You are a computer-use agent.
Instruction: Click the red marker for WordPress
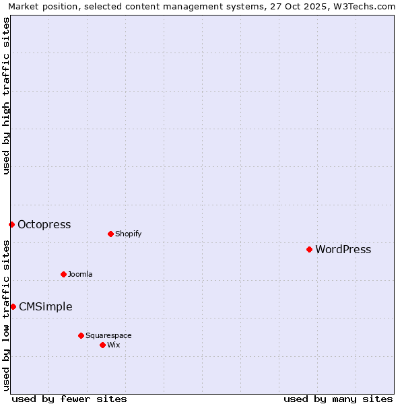click(309, 249)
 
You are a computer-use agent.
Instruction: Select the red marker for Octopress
click(11, 224)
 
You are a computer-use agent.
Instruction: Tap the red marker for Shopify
click(110, 234)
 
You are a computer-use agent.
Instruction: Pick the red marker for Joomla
click(63, 274)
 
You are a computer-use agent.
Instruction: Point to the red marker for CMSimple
click(13, 306)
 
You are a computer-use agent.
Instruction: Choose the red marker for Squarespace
click(81, 335)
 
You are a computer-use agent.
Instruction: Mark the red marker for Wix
click(102, 345)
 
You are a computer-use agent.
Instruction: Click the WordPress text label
click(343, 249)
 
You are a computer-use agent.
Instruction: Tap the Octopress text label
click(44, 224)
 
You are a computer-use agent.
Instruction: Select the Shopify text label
click(128, 234)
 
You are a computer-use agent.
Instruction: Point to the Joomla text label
click(80, 274)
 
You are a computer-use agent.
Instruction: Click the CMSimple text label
click(45, 306)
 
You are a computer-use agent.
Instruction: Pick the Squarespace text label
click(108, 335)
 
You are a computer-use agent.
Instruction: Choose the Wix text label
click(113, 345)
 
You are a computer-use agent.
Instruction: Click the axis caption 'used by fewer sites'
click(69, 399)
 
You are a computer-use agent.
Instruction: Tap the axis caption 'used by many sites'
click(338, 399)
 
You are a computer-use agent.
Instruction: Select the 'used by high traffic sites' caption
click(6, 96)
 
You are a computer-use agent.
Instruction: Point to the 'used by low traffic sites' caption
click(6, 315)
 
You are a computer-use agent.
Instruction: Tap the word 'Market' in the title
click(23, 7)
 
